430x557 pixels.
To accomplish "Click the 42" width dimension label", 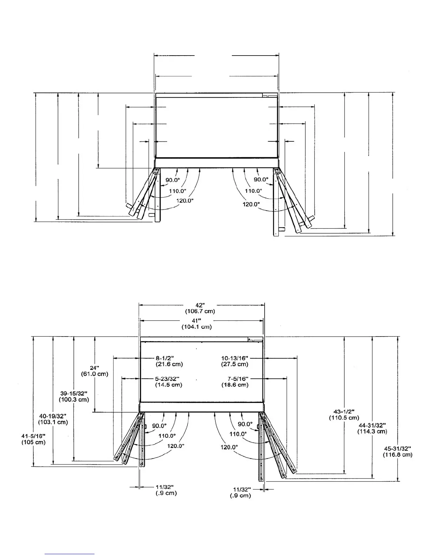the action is [200, 305].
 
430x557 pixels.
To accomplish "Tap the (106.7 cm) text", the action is [200, 311].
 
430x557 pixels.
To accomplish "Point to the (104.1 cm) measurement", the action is [197, 327].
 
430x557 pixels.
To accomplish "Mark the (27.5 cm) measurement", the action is [235, 364].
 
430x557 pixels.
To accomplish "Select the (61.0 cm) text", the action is [95, 374].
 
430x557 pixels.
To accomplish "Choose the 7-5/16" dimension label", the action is [238, 379].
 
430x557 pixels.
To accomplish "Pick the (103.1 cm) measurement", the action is [53, 422].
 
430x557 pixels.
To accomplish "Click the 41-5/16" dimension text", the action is [33, 436].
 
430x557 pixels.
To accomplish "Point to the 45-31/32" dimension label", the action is [398, 448].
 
